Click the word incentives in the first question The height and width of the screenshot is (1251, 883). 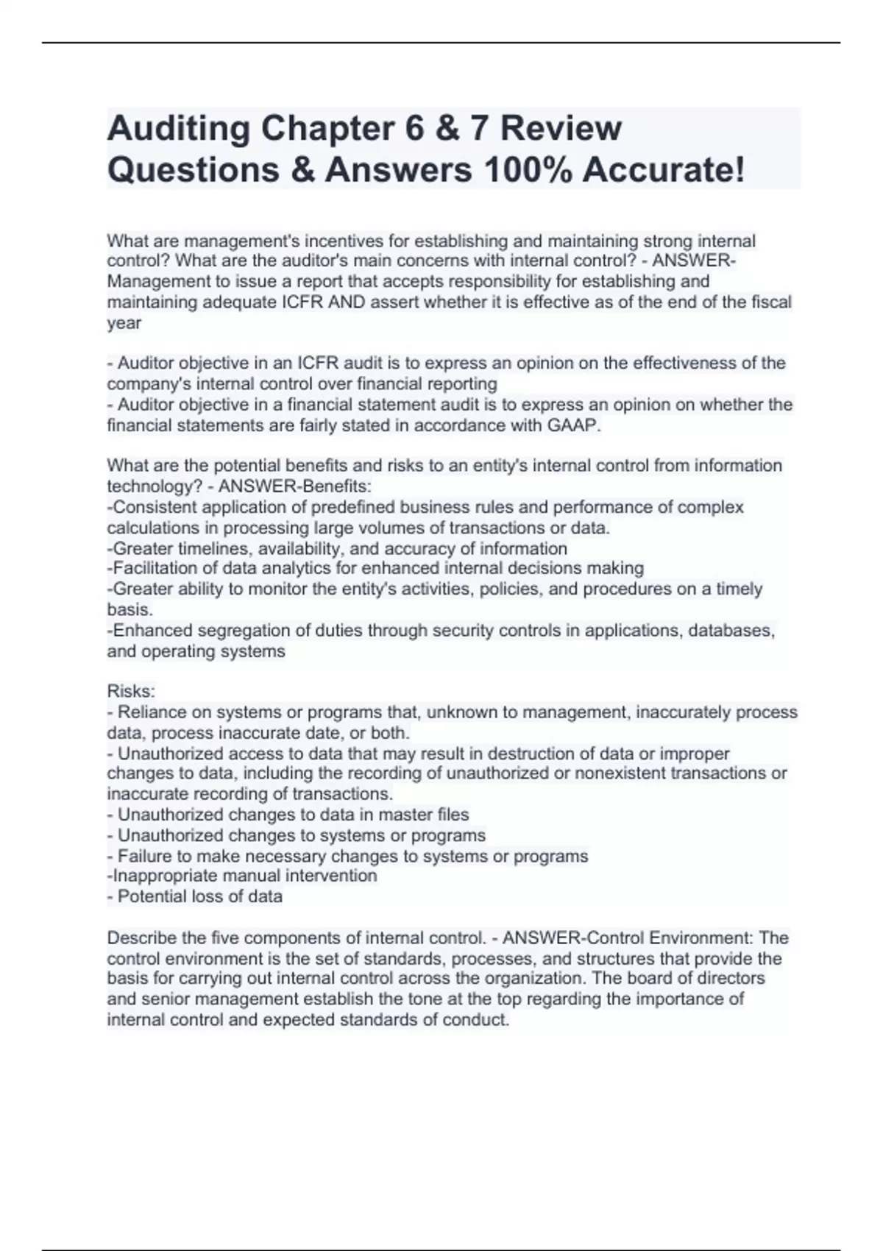pyautogui.click(x=342, y=241)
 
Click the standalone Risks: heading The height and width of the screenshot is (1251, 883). pyautogui.click(x=131, y=691)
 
